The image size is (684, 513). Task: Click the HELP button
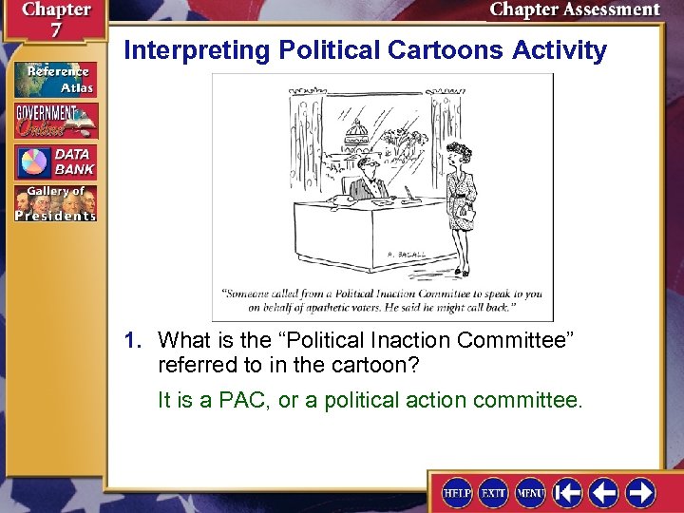click(x=458, y=493)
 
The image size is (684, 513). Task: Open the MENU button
click(x=530, y=493)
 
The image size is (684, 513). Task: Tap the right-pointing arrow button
click(x=640, y=493)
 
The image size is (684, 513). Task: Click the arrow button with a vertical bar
click(x=568, y=493)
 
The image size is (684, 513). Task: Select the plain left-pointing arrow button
click(x=604, y=493)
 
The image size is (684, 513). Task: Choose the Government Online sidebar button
click(x=55, y=121)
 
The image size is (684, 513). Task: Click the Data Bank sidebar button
click(x=55, y=161)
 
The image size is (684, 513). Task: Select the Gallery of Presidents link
click(x=55, y=203)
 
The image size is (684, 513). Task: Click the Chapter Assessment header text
click(x=574, y=9)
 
